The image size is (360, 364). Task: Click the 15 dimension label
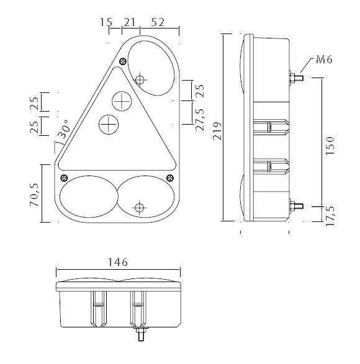coord(106,22)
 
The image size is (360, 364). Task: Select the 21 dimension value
coord(130,22)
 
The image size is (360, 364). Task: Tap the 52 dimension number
coord(158,22)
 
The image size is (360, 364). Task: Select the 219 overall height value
coord(216,131)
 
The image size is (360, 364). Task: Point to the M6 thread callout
coord(324,60)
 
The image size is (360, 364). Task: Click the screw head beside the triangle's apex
coord(123,61)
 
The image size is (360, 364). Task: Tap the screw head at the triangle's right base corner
coord(169,177)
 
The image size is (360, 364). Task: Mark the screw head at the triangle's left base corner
coord(63,177)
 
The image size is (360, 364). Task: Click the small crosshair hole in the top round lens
coord(140,79)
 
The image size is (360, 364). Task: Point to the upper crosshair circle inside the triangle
coord(122,99)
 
